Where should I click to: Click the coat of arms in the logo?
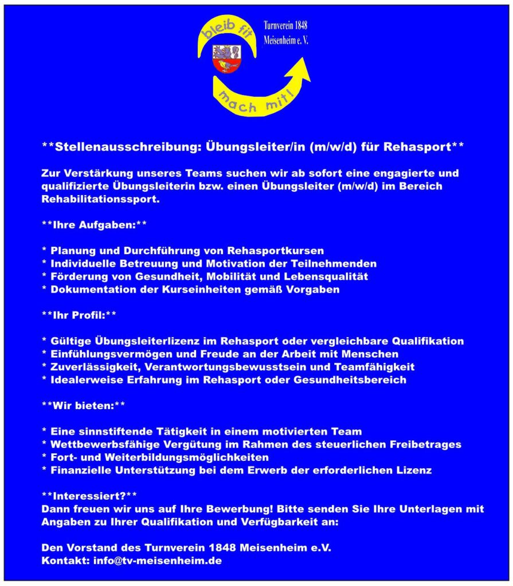(226, 59)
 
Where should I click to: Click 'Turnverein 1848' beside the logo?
(285, 26)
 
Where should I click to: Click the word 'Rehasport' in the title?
(422, 146)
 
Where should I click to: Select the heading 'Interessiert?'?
(90, 495)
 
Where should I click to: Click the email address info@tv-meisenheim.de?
(157, 561)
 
